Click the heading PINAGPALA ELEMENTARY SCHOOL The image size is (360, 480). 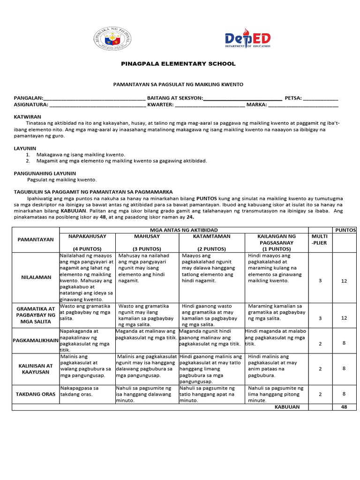click(x=179, y=64)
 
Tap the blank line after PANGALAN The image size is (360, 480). click(x=94, y=99)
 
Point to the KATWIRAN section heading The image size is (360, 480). click(x=28, y=116)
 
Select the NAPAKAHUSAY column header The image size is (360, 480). click(x=89, y=236)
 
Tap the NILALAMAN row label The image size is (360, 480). click(x=36, y=277)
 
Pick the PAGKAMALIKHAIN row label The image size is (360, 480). click(x=36, y=340)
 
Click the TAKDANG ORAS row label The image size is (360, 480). click(x=36, y=394)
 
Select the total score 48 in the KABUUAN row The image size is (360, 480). click(x=344, y=407)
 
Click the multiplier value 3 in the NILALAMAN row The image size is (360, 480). click(x=320, y=280)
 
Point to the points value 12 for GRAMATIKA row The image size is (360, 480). click(x=344, y=318)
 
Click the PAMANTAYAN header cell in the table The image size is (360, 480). click(x=36, y=240)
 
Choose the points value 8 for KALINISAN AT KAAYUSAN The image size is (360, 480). click(x=344, y=368)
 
